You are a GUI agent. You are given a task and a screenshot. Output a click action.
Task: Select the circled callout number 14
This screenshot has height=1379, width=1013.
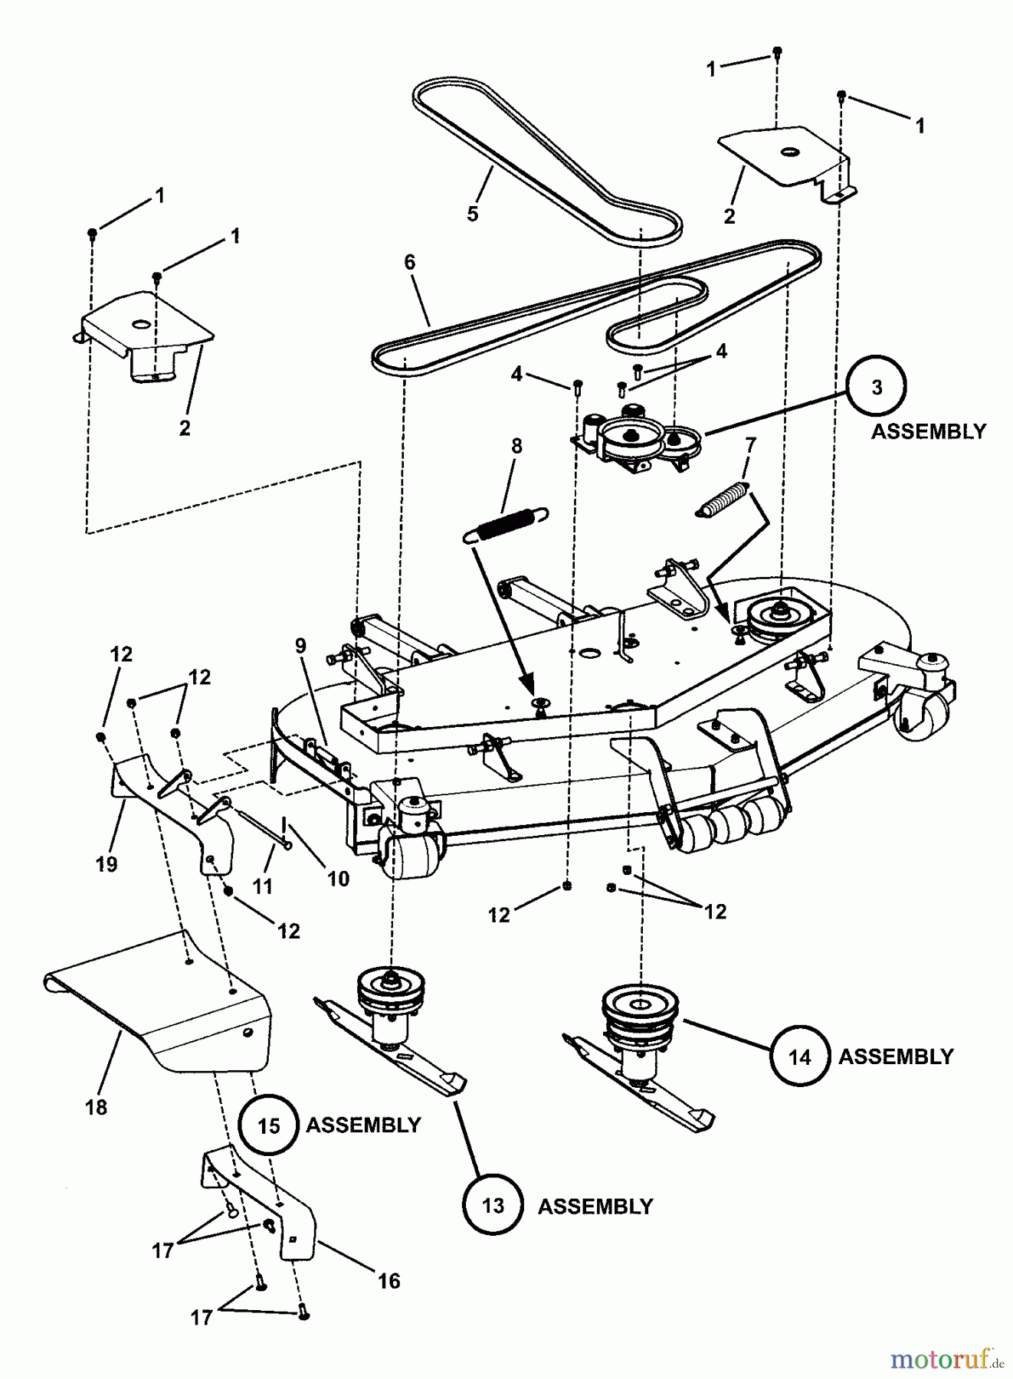pyautogui.click(x=799, y=1057)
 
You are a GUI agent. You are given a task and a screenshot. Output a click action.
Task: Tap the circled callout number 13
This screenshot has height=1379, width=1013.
pyautogui.click(x=493, y=1206)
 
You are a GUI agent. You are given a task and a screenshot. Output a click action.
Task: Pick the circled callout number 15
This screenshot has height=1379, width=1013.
pyautogui.click(x=269, y=1125)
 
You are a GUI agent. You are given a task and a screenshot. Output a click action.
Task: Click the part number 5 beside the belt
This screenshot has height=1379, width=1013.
pyautogui.click(x=473, y=214)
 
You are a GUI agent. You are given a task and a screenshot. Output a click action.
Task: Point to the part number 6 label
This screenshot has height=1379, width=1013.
pyautogui.click(x=410, y=263)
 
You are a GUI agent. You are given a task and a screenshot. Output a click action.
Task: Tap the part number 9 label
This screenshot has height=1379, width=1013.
pyautogui.click(x=300, y=646)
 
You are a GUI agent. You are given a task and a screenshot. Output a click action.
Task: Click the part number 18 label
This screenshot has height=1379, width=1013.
pyautogui.click(x=97, y=1106)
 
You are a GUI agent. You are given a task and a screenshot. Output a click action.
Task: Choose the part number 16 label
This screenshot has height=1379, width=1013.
pyautogui.click(x=389, y=1281)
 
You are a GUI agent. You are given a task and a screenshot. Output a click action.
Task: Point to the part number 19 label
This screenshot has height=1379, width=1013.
pyautogui.click(x=107, y=864)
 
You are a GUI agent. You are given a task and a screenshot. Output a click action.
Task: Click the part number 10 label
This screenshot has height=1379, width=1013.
pyautogui.click(x=338, y=879)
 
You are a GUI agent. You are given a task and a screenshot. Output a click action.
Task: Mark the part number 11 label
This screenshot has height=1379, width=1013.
pyautogui.click(x=263, y=886)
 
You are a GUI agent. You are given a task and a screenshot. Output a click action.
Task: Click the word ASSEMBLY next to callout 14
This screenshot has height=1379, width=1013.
pyautogui.click(x=896, y=1057)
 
